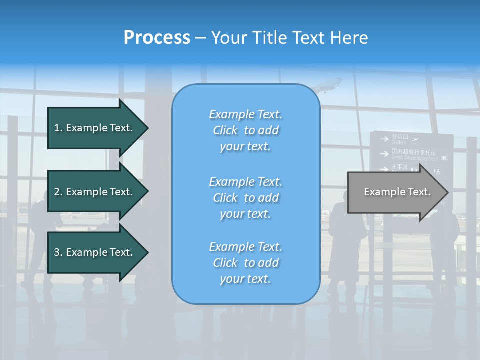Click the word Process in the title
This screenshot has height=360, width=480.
tap(157, 38)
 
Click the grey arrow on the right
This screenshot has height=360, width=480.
tap(395, 192)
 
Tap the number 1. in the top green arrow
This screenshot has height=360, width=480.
tap(58, 128)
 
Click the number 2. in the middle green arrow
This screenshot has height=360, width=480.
tap(58, 192)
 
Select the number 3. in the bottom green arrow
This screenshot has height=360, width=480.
tap(58, 252)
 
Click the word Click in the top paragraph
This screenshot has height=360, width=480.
tap(225, 130)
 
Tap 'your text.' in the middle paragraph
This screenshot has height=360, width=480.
tap(245, 214)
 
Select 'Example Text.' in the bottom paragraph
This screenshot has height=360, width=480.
tap(245, 247)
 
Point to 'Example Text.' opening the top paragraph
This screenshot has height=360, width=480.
tap(245, 114)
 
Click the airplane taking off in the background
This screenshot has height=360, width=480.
tap(327, 85)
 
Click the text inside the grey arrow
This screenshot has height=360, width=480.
tap(397, 192)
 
